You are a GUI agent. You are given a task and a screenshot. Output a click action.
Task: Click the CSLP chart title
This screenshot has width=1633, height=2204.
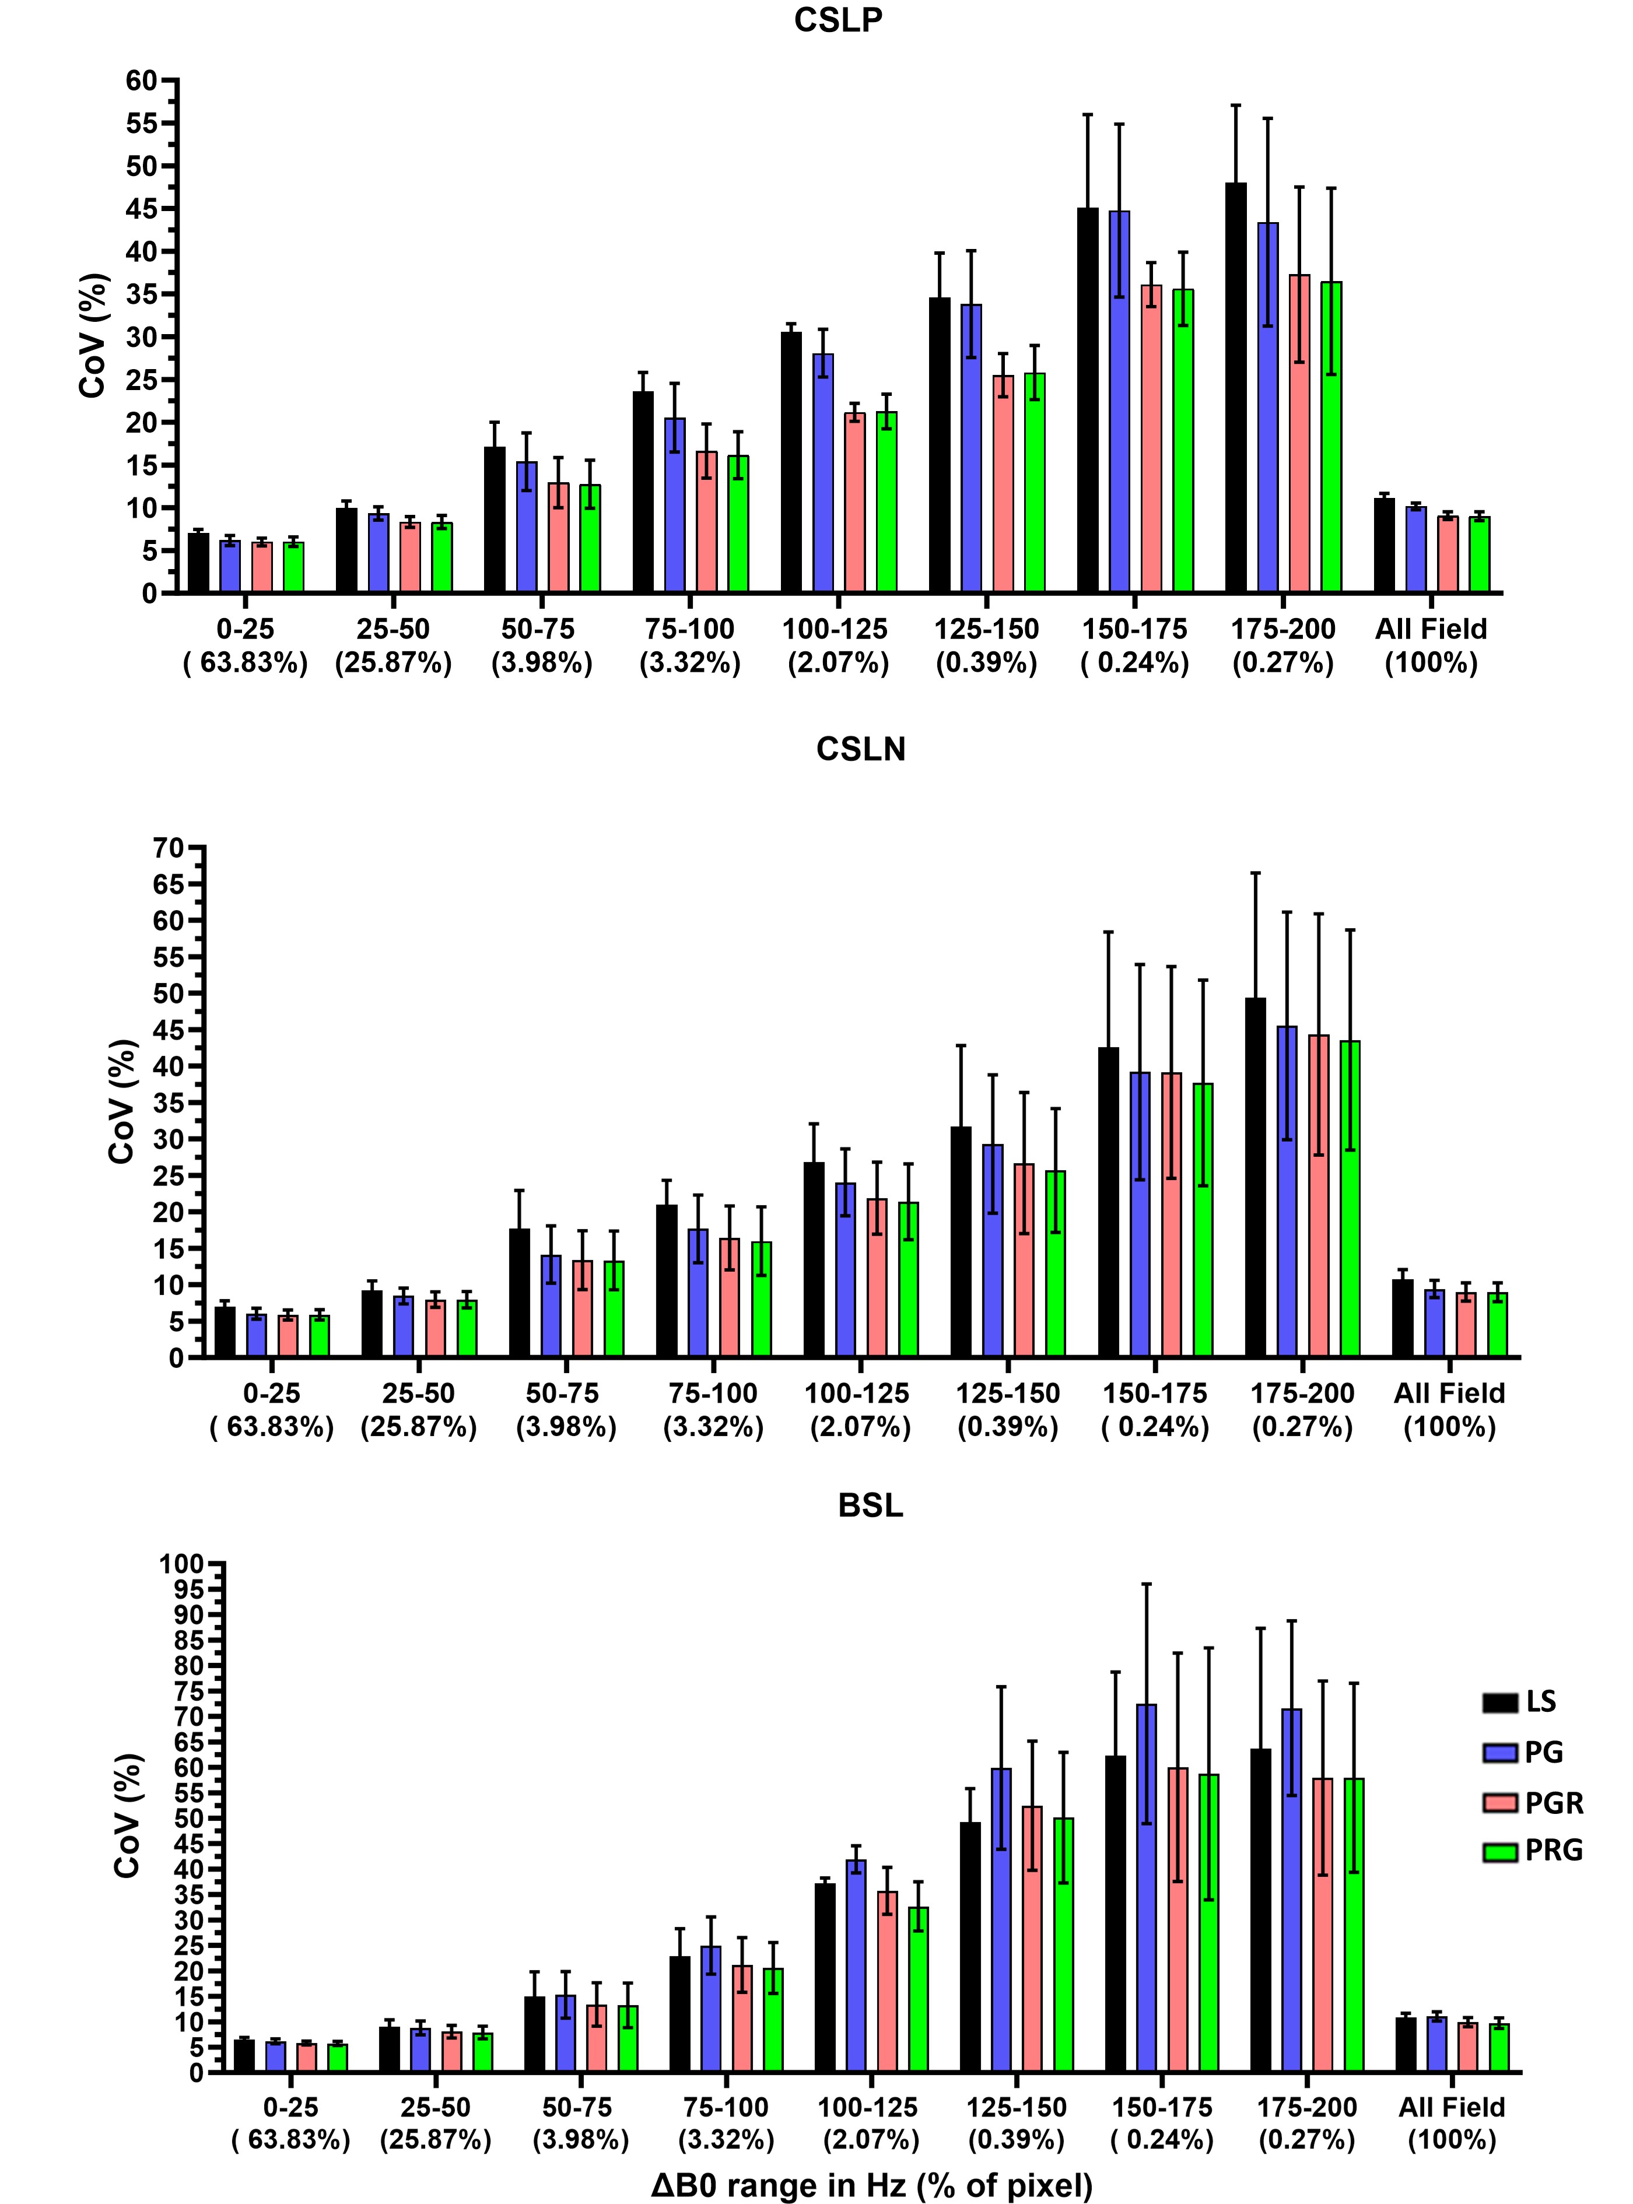point(838,21)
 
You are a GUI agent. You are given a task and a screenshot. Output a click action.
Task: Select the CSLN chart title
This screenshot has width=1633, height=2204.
point(861,750)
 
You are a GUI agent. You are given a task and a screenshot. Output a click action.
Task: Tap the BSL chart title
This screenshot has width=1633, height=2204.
point(870,1505)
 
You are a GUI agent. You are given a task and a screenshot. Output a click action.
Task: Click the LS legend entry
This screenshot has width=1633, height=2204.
point(1519,1702)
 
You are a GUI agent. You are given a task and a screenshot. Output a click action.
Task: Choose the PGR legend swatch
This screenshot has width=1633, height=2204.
point(1499,1803)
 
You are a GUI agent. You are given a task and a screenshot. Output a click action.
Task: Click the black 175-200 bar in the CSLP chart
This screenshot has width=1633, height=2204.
point(1236,387)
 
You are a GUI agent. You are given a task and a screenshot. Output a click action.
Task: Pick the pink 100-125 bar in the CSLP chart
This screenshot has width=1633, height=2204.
point(855,503)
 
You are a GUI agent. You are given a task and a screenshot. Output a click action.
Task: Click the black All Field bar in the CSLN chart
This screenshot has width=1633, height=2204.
point(1403,1318)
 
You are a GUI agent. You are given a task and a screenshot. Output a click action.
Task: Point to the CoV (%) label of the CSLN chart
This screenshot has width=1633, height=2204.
point(121,1102)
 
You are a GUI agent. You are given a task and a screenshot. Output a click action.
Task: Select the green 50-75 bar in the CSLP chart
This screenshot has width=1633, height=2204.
point(590,539)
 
